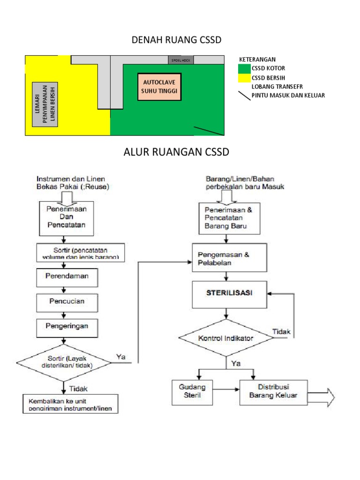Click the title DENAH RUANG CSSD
[176, 41]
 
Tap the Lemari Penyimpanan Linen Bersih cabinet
[45, 104]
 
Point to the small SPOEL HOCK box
[180, 60]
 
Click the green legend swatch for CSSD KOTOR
[244, 68]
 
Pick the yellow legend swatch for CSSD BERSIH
[244, 77]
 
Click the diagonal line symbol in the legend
[244, 95]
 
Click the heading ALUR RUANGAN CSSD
[176, 152]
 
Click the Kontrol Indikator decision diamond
[226, 338]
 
